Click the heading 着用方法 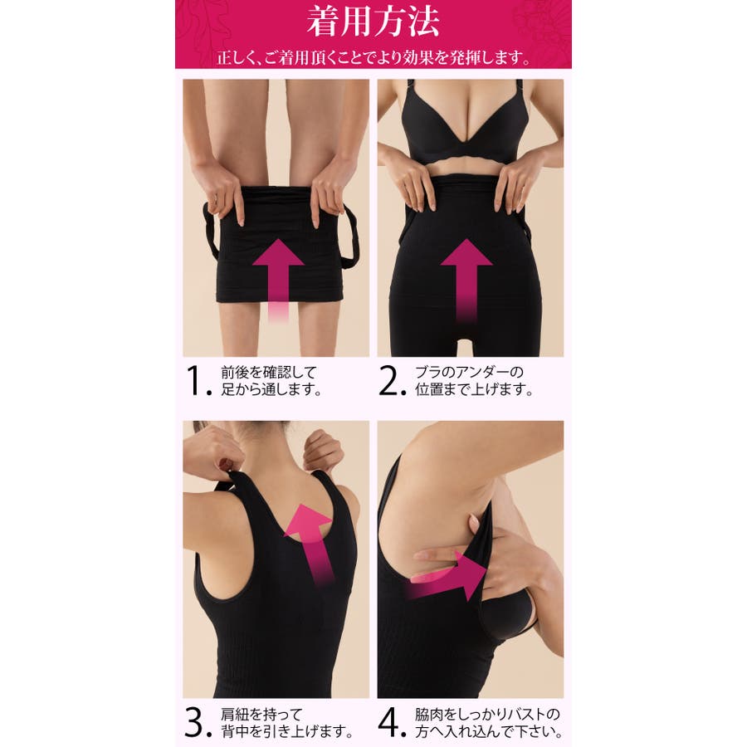373,22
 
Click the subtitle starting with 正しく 373,58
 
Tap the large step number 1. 198,381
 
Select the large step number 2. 393,381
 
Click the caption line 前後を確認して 269,372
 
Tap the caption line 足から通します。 271,389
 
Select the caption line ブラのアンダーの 469,372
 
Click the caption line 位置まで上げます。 474,389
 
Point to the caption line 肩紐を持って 261,714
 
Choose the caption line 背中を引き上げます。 287,730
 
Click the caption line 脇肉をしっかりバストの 487,714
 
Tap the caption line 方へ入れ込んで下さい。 489,730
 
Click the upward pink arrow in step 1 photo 278,281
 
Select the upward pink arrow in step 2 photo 466,281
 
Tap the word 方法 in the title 406,22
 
